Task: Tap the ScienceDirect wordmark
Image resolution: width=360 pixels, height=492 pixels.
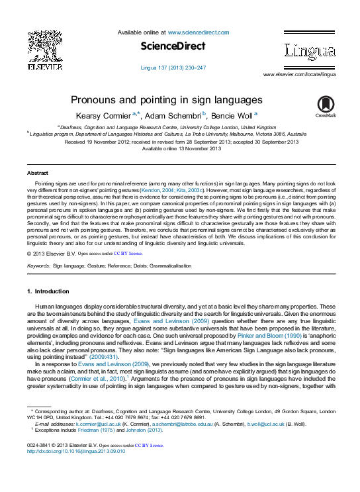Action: (x=173, y=46)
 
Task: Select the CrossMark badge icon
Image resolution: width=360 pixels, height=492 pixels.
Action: (x=326, y=105)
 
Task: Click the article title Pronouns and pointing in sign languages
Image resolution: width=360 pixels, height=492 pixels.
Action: (x=166, y=101)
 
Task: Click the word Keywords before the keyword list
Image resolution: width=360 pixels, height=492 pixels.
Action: (x=38, y=266)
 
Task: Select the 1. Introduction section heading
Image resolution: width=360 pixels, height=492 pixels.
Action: (x=48, y=291)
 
